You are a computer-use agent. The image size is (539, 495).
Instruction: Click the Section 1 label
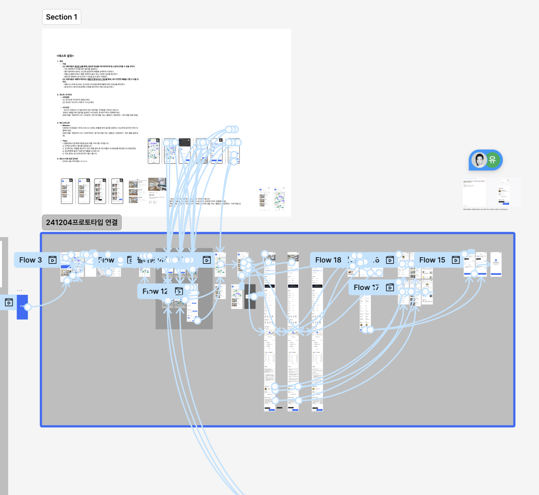pos(61,17)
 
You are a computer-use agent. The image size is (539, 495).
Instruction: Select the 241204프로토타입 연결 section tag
pos(82,222)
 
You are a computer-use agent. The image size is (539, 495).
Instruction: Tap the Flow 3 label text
pos(30,260)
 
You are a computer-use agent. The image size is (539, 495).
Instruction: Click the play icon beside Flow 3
pos(52,260)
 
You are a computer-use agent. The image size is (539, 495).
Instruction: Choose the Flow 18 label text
pos(328,260)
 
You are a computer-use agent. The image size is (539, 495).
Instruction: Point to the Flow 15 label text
pos(432,260)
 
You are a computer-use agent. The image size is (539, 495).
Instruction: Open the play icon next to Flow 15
pos(456,260)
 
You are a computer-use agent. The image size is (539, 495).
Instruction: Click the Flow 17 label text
pos(366,287)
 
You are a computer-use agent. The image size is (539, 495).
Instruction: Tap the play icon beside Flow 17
pos(390,287)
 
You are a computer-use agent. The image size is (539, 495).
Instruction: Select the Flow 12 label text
pos(155,291)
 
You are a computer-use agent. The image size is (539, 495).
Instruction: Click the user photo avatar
pos(479,160)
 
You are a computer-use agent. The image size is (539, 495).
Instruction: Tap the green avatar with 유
pos(492,160)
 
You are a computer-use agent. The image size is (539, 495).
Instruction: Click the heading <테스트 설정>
pos(65,56)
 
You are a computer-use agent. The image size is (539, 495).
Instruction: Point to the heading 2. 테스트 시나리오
pos(64,95)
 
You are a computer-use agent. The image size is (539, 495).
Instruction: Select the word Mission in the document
pos(66,125)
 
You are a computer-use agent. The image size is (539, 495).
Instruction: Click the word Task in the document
pos(65,141)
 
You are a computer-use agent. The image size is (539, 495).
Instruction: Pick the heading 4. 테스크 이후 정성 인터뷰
pos(67,159)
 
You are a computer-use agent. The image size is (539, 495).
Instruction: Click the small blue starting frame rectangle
pos(22,307)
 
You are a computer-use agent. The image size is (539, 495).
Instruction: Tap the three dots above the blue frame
pos(20,290)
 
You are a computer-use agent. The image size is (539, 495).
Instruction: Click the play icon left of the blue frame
pos(9,302)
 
